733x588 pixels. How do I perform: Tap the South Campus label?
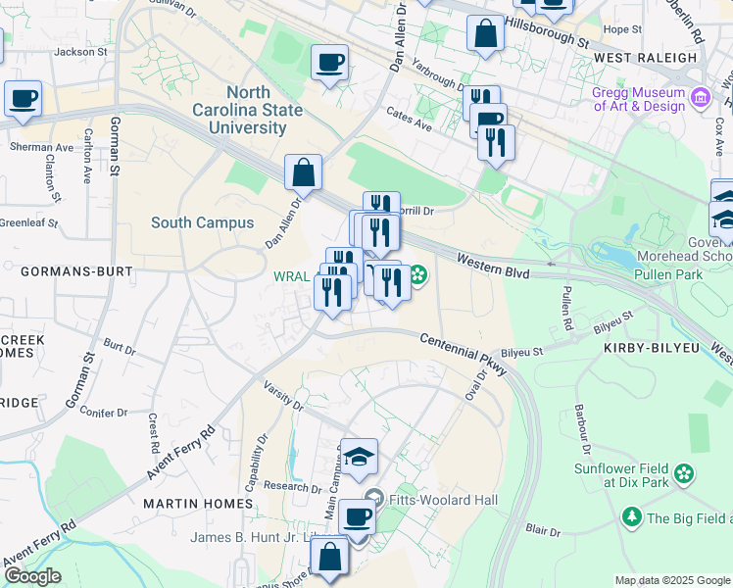pyautogui.click(x=202, y=222)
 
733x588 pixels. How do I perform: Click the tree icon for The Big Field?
pyautogui.click(x=631, y=516)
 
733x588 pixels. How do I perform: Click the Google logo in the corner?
pyautogui.click(x=32, y=576)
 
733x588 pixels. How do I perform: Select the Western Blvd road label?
pyautogui.click(x=493, y=266)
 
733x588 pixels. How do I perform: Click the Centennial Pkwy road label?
pyautogui.click(x=460, y=347)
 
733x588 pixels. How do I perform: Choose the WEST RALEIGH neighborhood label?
pyautogui.click(x=645, y=58)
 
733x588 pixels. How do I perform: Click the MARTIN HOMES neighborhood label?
pyautogui.click(x=198, y=503)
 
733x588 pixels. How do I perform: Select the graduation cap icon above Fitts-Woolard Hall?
pyautogui.click(x=359, y=456)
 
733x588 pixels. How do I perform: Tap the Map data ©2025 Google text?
pyautogui.click(x=671, y=580)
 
